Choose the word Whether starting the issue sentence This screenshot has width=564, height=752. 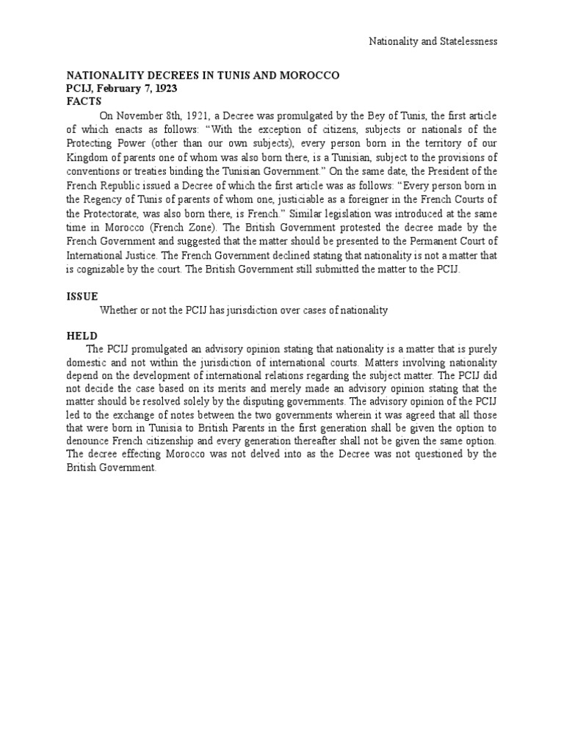[x=119, y=311]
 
